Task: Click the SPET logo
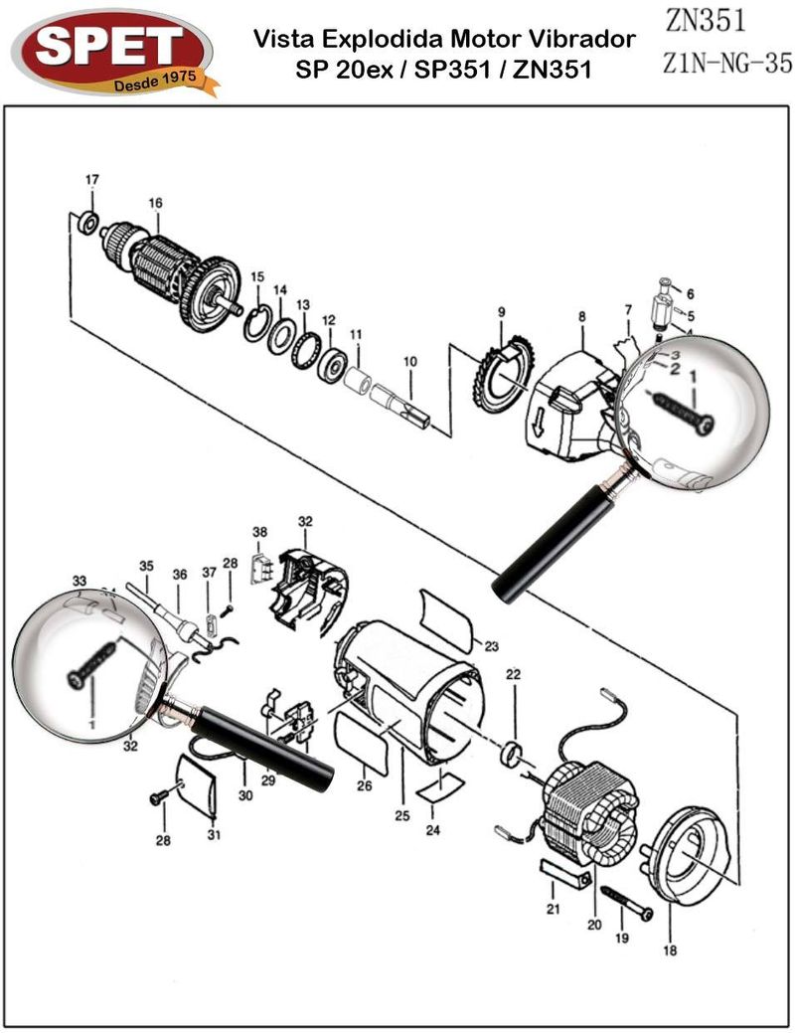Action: pyautogui.click(x=112, y=52)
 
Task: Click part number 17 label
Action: pyautogui.click(x=92, y=180)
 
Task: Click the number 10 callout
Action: pyautogui.click(x=409, y=362)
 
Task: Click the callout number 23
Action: pyautogui.click(x=491, y=646)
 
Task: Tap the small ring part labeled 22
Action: pyautogui.click(x=514, y=752)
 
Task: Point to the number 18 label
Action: pyautogui.click(x=669, y=949)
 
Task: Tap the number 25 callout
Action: pyautogui.click(x=402, y=816)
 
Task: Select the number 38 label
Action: pyautogui.click(x=260, y=532)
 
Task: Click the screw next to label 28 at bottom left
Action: pyautogui.click(x=159, y=797)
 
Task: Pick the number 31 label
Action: pyautogui.click(x=214, y=834)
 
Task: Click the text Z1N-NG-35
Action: pyautogui.click(x=726, y=64)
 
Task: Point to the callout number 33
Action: pyautogui.click(x=79, y=580)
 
